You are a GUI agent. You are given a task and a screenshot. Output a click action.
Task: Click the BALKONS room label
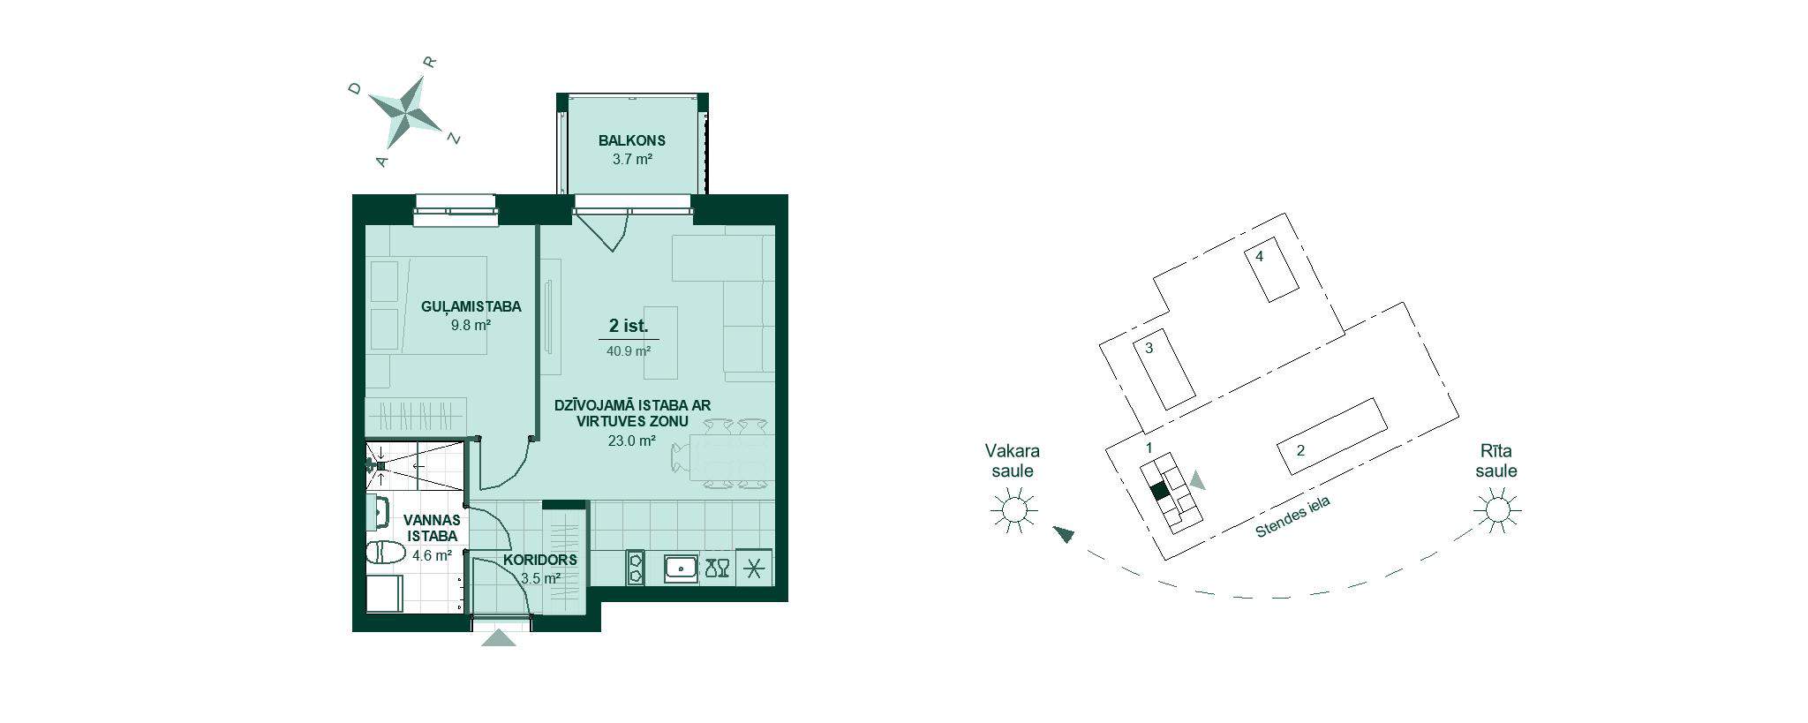pos(631,140)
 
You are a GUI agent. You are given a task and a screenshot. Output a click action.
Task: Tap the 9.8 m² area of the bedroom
pos(471,324)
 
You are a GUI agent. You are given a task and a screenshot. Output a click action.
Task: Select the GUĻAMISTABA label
pos(471,307)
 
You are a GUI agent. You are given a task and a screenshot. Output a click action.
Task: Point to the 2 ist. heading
pos(629,326)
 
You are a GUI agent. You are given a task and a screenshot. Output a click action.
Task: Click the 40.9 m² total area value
pos(629,350)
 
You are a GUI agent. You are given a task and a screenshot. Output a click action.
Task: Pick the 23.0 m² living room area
pos(632,441)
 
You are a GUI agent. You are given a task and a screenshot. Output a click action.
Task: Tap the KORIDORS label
pos(540,560)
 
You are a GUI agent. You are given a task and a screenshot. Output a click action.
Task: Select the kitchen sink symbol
pos(681,568)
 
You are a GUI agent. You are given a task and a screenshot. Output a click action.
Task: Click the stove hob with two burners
pos(635,568)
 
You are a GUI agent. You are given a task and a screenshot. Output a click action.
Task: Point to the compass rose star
pos(405,111)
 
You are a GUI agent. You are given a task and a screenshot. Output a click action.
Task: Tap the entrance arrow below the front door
pos(499,636)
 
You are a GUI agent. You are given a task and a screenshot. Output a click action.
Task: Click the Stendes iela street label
pos(1292,518)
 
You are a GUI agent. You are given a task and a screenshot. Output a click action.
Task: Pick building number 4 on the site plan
pos(1271,269)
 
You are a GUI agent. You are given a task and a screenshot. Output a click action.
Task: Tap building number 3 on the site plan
pos(1164,369)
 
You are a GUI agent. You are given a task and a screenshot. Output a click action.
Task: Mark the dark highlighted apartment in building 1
pos(1159,491)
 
